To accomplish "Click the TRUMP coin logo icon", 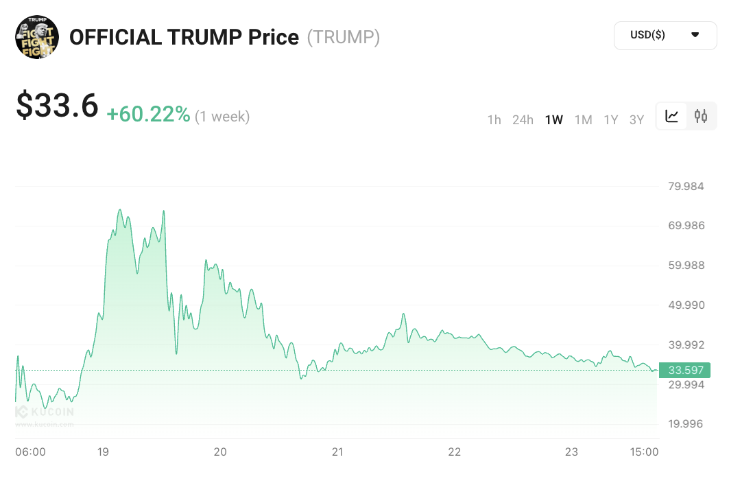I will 37,36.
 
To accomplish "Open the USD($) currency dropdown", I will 665,36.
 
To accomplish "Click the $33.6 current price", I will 58,106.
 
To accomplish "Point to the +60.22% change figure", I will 148,115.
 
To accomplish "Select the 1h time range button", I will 494,120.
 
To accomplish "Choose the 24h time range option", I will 523,120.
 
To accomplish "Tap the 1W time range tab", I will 554,120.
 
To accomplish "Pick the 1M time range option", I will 583,120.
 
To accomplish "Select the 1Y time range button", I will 610,120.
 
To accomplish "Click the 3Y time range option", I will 636,120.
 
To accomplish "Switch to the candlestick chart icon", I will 700,116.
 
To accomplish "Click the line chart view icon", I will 672,116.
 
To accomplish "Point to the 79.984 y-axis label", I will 686,187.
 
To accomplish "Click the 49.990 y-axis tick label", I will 686,305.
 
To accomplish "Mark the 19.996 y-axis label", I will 686,423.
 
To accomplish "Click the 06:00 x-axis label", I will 30,452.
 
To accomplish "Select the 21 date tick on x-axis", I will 337,452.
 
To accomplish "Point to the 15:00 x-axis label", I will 644,452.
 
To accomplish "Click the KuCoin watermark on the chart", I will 45,413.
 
